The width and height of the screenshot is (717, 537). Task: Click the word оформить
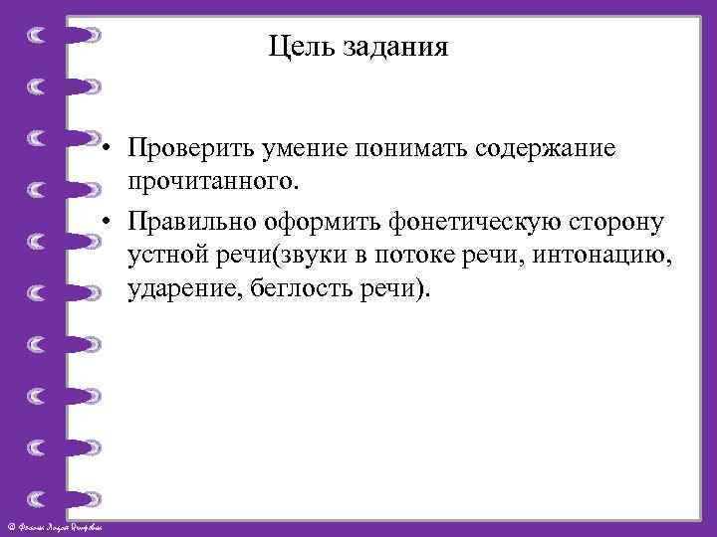pyautogui.click(x=313, y=219)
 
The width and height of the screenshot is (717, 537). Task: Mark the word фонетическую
pyautogui.click(x=460, y=219)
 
